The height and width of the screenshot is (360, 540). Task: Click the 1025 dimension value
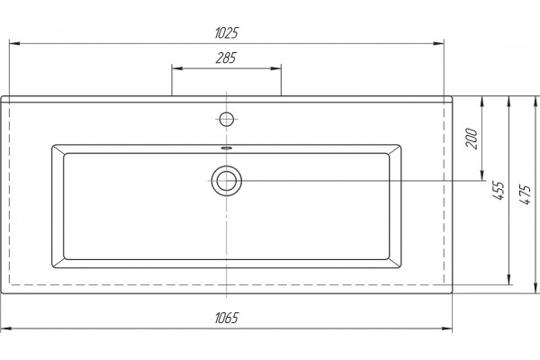(226, 33)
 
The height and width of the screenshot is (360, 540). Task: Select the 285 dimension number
(226, 58)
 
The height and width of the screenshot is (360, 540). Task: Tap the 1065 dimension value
(226, 318)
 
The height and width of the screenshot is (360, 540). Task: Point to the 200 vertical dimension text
(472, 138)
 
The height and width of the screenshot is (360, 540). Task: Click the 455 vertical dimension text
(499, 190)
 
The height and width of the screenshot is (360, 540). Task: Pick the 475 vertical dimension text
(526, 194)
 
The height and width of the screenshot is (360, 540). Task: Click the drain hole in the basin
(227, 181)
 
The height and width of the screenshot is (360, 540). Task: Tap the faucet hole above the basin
(227, 120)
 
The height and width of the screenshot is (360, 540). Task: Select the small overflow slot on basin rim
(227, 148)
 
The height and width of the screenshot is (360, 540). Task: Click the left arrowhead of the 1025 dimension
(14, 43)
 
